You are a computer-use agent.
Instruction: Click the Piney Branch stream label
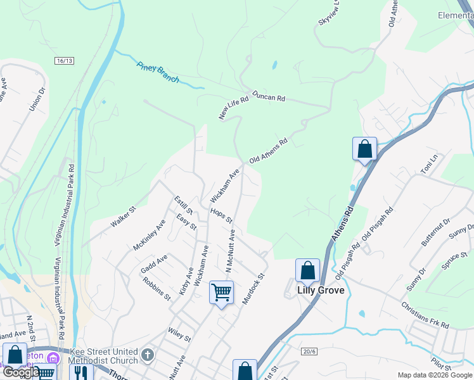(158, 72)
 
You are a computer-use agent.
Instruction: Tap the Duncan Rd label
(269, 97)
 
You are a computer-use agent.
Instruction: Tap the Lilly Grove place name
(321, 290)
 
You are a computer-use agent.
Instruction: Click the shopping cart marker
(221, 293)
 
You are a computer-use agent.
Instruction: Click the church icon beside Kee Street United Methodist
(148, 355)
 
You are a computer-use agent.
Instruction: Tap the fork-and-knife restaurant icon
(80, 372)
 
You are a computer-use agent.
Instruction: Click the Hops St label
(222, 216)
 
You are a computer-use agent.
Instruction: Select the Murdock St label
(252, 288)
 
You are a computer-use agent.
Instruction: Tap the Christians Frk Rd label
(425, 315)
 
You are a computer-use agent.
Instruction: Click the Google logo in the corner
(21, 372)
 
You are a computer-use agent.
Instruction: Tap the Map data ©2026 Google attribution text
(434, 375)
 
